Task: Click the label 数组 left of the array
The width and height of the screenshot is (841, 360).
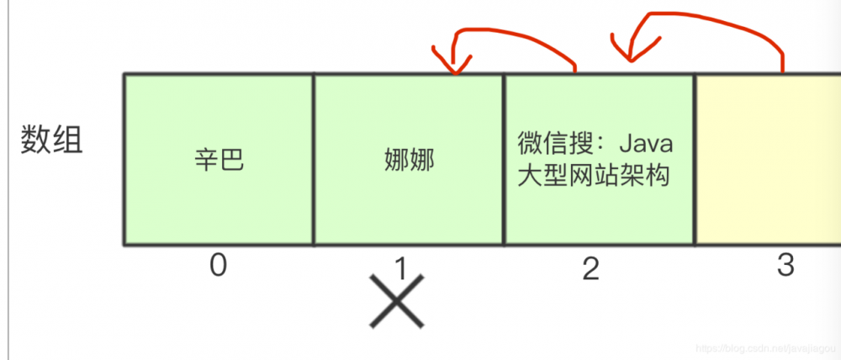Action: pos(52,140)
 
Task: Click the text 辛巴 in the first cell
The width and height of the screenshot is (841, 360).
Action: pos(219,161)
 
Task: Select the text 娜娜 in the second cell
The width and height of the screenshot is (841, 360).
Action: pos(409,161)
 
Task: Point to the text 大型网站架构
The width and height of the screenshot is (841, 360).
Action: pos(594,177)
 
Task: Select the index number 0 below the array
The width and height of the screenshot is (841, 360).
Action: pos(219,267)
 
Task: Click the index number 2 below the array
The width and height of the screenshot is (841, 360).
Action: pos(591,268)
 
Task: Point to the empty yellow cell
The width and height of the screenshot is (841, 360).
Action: pos(767,160)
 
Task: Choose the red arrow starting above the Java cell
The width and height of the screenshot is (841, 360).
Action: pos(521,32)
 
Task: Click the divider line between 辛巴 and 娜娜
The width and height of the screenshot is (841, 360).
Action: pos(314,160)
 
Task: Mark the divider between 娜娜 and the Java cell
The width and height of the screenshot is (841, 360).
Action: pos(504,160)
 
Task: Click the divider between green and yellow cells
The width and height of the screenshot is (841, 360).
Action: pos(696,160)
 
